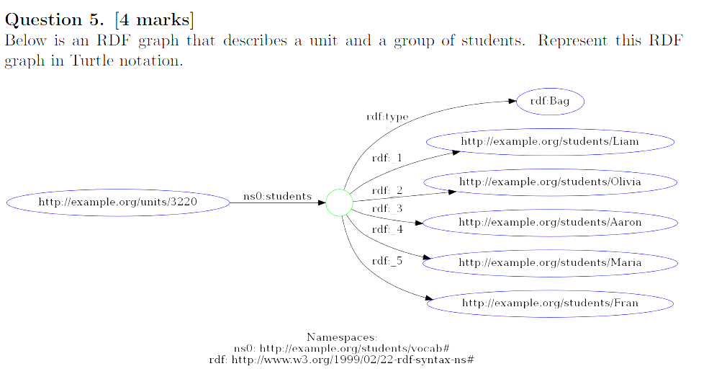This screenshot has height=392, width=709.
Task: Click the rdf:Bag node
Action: pos(549,102)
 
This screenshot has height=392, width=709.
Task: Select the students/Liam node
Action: pos(549,142)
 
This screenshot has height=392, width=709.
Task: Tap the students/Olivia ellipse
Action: pos(549,182)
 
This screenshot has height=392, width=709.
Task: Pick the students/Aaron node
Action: pos(549,223)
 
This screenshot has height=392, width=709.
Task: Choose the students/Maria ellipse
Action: pos(549,263)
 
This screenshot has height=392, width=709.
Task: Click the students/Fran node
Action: pos(549,303)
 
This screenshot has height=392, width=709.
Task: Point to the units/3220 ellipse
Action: pos(118,202)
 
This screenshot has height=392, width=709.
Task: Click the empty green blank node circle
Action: pos(339,202)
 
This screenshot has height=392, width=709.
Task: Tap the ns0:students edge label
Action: pos(277,196)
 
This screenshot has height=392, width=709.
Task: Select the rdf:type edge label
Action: pos(387,117)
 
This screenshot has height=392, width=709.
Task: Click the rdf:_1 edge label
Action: pos(387,158)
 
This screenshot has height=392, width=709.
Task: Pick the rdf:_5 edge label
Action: pos(387,261)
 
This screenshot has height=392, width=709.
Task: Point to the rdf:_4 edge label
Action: pos(387,229)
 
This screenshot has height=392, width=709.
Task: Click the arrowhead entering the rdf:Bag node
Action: pos(512,101)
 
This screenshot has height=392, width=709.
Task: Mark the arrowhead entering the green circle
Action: pos(321,202)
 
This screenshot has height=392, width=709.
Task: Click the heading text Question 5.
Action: pos(55,19)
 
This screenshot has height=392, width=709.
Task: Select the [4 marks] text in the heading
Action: pos(154,19)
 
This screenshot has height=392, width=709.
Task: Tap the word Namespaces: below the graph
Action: pos(342,337)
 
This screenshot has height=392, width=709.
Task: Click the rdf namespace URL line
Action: pos(341,359)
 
